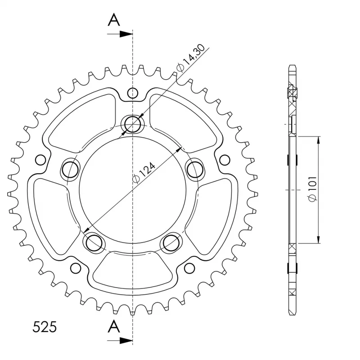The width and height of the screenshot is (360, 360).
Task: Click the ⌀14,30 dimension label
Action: [190, 58]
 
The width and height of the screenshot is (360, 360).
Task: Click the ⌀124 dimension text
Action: [144, 173]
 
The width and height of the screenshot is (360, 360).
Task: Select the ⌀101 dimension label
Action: [313, 189]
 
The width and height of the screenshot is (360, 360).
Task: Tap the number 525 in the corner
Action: [45, 327]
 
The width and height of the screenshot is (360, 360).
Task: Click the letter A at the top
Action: [114, 19]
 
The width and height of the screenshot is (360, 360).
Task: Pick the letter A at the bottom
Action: [114, 327]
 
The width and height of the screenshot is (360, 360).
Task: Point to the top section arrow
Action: [120, 34]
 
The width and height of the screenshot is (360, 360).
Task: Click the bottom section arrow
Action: [120, 341]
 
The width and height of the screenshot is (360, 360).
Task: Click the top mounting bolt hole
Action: [132, 124]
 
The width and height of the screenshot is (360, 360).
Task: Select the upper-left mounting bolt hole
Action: [70, 170]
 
